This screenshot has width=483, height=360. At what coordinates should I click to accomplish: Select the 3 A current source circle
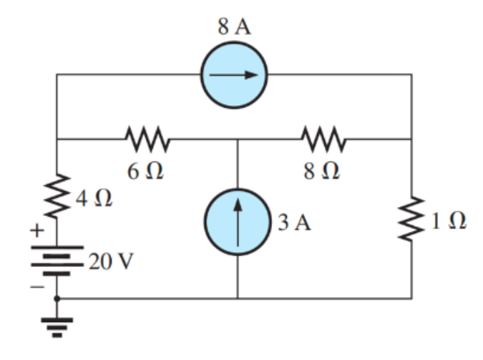[237, 218]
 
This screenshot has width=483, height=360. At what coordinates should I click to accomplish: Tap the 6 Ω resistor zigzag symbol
[147, 140]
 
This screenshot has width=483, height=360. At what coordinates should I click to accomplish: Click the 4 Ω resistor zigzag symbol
[57, 195]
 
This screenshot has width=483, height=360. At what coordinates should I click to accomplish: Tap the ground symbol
[57, 322]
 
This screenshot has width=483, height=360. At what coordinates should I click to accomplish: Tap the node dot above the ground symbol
[57, 297]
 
